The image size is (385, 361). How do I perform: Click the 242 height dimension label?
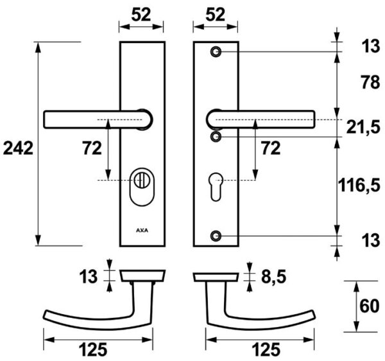click(18, 148)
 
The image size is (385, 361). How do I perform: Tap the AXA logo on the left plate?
click(142, 231)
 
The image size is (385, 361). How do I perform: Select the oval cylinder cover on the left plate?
click(142, 187)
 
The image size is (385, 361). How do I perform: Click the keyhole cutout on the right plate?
click(216, 187)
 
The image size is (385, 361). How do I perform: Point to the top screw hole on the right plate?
click(216, 52)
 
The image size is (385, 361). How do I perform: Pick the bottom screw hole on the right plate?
click(216, 236)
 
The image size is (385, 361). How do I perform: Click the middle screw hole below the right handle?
click(216, 137)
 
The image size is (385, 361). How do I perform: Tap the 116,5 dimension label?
click(359, 185)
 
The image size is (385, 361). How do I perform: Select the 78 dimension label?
click(370, 82)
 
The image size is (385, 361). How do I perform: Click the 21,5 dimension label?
click(363, 128)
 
